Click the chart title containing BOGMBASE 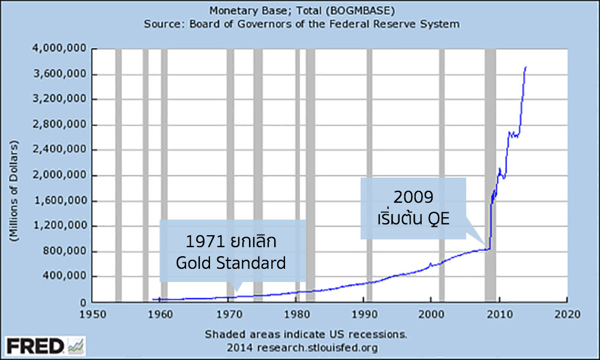coord(301,10)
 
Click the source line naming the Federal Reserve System coord(301,24)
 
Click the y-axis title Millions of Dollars coord(13,192)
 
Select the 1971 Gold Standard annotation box coord(232,251)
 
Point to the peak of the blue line coord(526,67)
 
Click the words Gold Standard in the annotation coord(230,262)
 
